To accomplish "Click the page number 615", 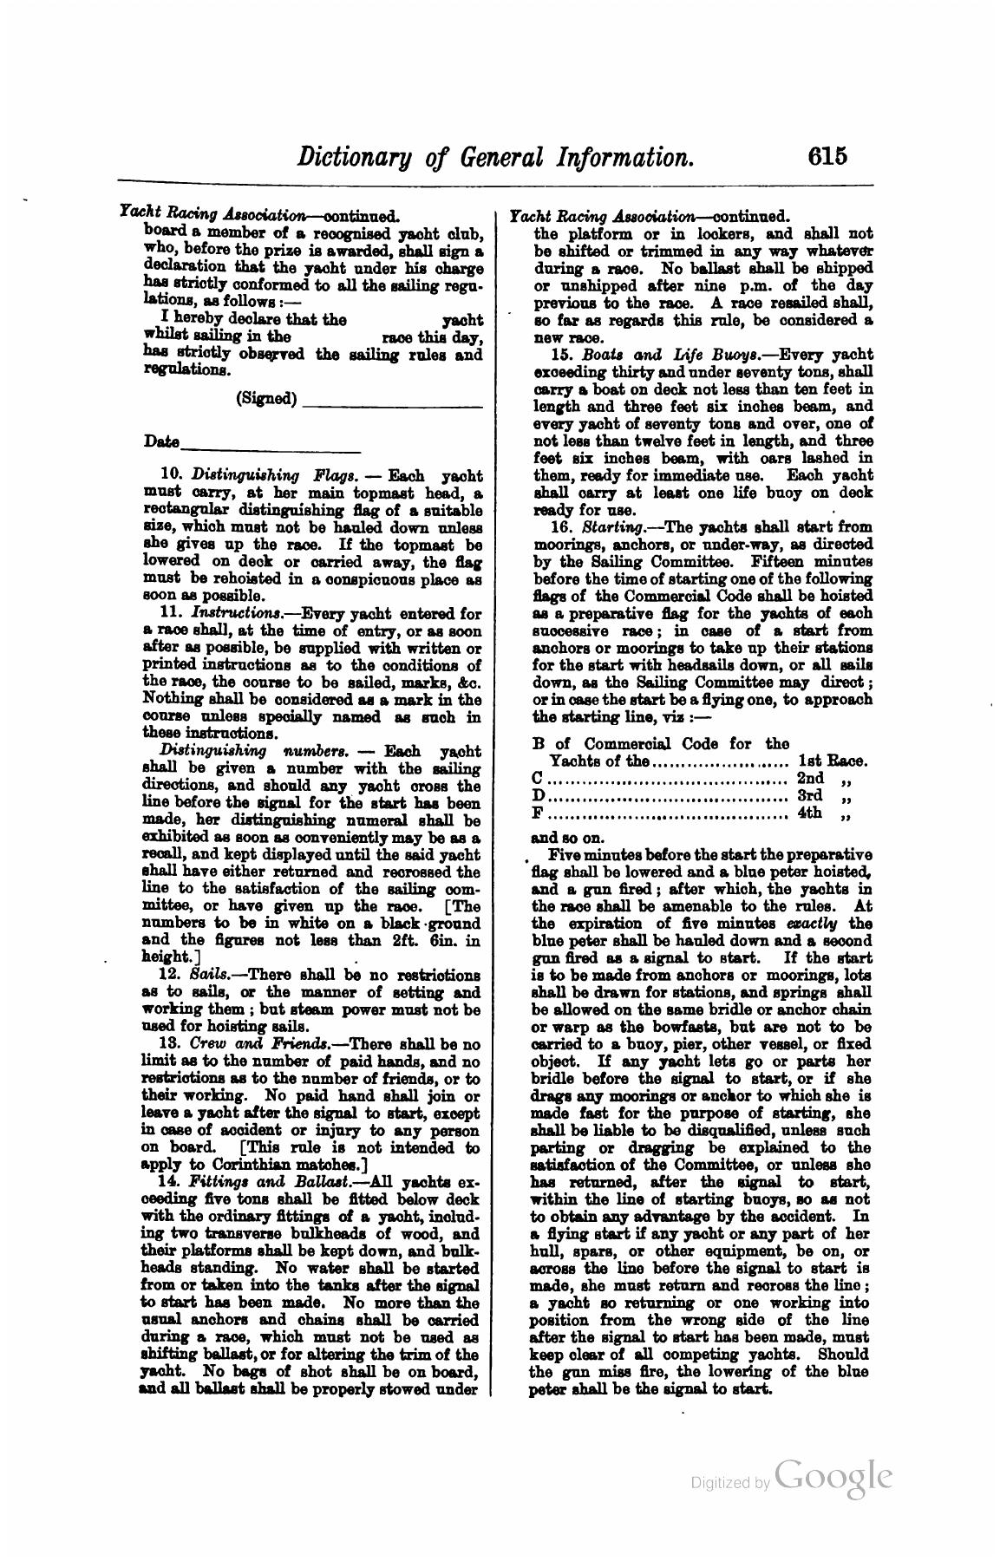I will [826, 157].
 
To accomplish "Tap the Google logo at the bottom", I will [833, 1477].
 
